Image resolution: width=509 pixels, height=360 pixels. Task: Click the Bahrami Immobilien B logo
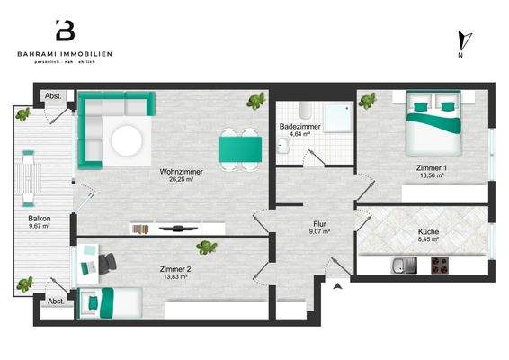[x=65, y=31]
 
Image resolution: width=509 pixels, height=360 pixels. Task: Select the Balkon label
[x=38, y=219]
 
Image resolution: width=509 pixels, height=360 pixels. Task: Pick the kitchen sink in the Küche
[x=400, y=265]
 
